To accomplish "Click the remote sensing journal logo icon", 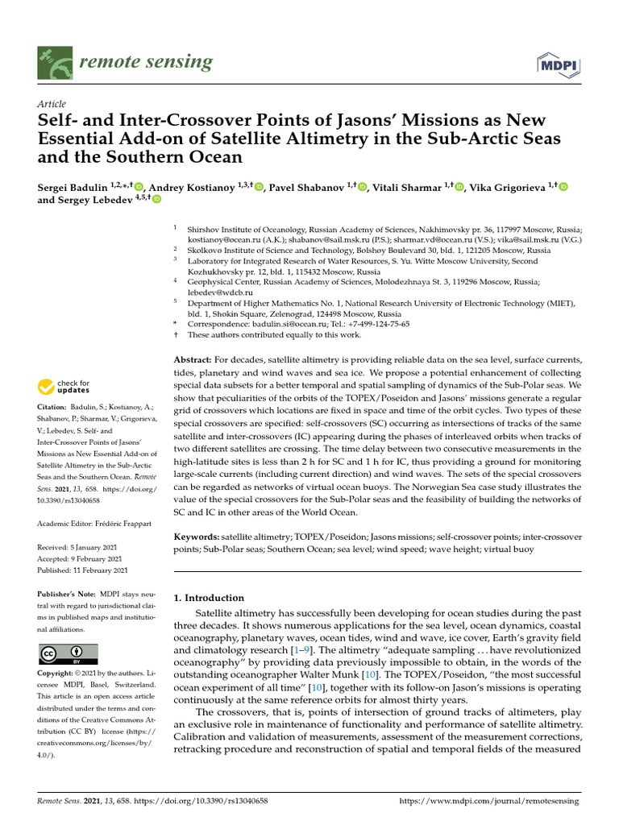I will click(x=55, y=63).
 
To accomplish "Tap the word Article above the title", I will click(x=52, y=105).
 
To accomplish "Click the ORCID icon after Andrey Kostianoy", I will click(x=259, y=187).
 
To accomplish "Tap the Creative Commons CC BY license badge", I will click(x=68, y=653).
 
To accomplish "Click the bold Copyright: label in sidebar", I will click(x=57, y=673).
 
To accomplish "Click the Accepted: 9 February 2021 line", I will click(x=79, y=559).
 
